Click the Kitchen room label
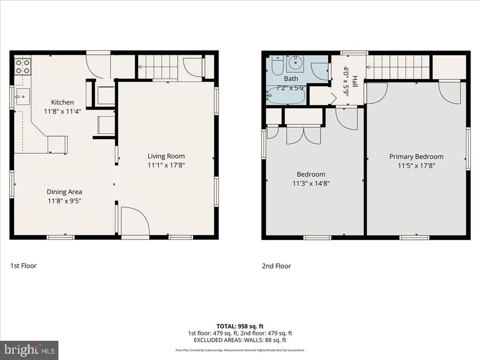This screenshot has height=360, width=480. click(62, 102)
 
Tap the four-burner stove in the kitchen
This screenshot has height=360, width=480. click(22, 67)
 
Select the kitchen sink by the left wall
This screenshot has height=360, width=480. click(22, 97)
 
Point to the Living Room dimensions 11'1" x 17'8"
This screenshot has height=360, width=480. click(166, 165)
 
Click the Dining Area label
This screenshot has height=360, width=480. click(64, 192)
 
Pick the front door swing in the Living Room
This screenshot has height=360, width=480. click(135, 221)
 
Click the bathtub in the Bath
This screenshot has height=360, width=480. click(285, 95)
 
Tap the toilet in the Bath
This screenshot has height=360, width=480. click(277, 65)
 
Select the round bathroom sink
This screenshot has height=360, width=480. click(295, 64)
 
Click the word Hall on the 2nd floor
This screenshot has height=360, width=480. click(355, 82)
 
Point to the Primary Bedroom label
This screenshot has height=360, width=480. click(416, 157)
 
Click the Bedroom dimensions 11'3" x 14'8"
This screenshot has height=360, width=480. click(311, 183)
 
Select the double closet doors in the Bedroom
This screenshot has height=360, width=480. click(304, 135)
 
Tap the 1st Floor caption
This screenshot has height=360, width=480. click(23, 266)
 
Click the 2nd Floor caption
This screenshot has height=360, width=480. click(277, 266)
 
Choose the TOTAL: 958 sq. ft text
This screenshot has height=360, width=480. click(240, 326)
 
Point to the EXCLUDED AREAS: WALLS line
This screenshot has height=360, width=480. click(240, 340)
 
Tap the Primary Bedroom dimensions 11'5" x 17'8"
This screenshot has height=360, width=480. click(416, 165)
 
